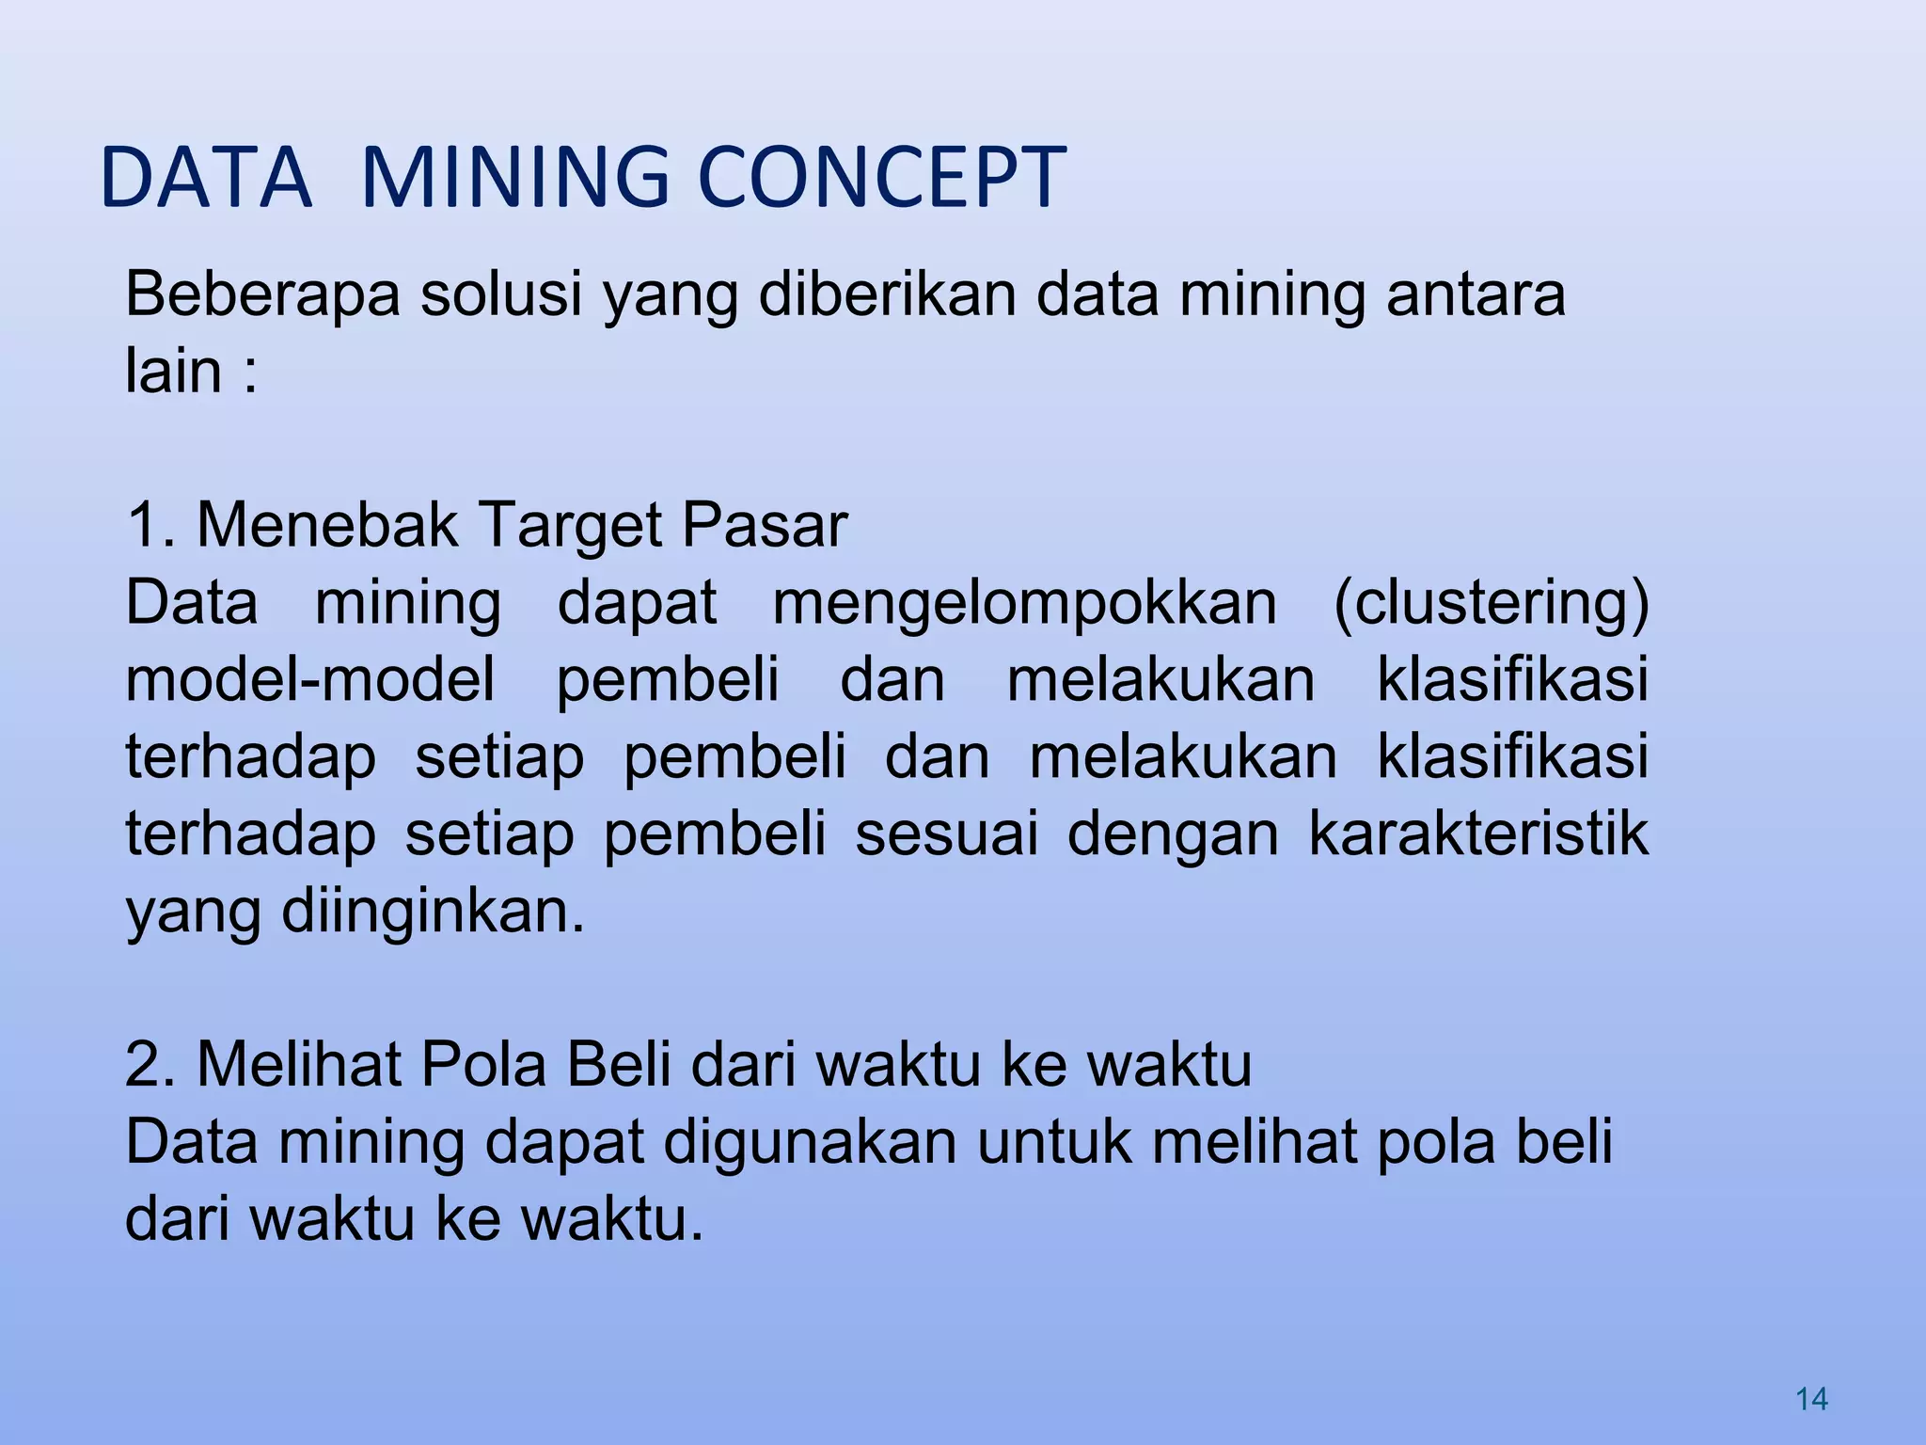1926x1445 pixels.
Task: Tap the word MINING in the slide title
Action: (515, 177)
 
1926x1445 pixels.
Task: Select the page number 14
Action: (1811, 1399)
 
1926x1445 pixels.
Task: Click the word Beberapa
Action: (261, 294)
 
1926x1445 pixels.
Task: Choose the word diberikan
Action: (887, 294)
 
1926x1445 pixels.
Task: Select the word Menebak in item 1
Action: (327, 525)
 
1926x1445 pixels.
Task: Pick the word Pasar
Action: (765, 525)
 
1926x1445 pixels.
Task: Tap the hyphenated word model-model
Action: (310, 679)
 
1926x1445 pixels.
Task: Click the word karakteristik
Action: (1478, 834)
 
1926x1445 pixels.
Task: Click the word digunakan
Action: (810, 1142)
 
